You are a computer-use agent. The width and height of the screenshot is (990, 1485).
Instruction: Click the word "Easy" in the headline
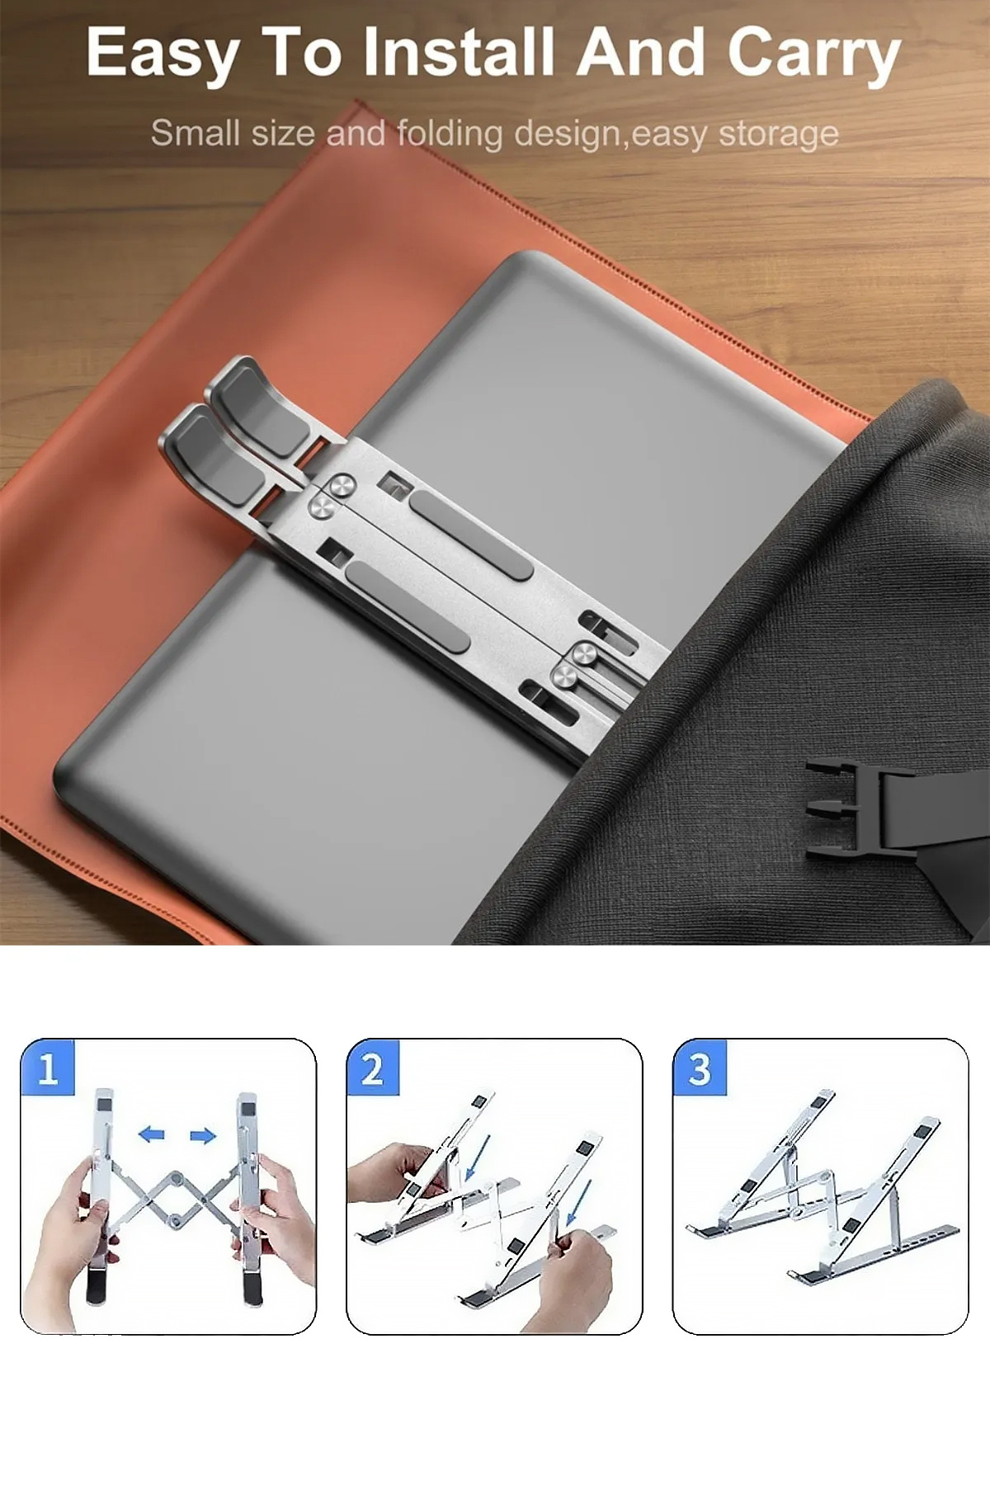[163, 54]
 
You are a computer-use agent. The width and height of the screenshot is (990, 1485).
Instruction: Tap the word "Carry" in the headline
[814, 54]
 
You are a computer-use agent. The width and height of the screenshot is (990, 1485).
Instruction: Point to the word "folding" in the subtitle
[450, 134]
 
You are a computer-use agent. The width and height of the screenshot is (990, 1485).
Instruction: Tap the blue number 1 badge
[48, 1068]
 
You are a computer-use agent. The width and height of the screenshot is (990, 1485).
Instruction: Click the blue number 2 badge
[373, 1068]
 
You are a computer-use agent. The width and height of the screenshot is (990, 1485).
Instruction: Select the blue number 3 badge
[700, 1068]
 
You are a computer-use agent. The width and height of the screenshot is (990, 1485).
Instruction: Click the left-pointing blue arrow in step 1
[151, 1134]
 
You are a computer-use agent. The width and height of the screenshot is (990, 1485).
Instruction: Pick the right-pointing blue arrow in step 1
[203, 1136]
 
